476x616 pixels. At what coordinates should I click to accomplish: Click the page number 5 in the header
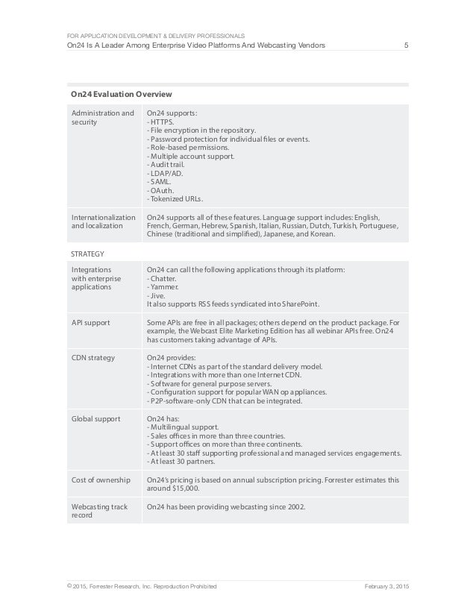[406, 46]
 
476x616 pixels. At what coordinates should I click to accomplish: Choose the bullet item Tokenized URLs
[175, 199]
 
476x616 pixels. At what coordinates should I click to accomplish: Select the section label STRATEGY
[87, 254]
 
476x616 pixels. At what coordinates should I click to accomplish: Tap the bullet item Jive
[158, 295]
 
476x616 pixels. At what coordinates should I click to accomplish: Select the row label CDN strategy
[93, 358]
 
